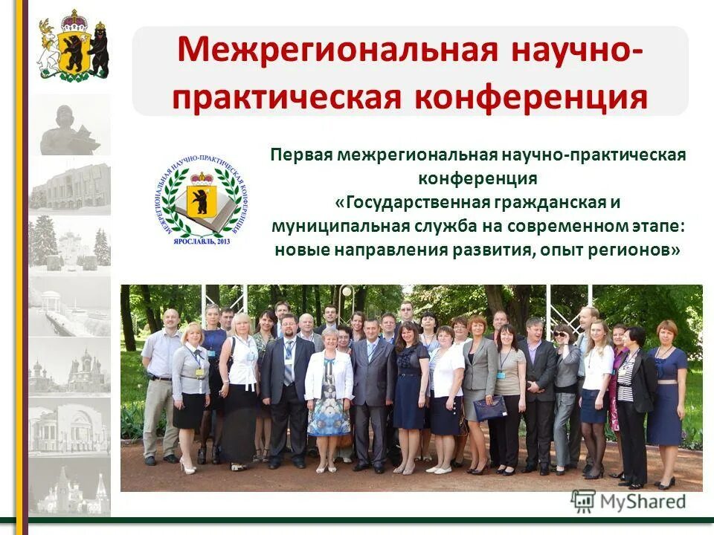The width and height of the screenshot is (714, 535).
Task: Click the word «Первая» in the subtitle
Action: (300, 155)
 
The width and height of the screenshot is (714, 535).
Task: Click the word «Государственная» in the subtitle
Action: (411, 203)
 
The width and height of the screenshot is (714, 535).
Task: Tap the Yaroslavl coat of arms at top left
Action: (74, 46)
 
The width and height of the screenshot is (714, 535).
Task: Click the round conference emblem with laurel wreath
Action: (201, 199)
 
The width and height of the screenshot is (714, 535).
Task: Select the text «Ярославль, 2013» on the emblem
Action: (200, 241)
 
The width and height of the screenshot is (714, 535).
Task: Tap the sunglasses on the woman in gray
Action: (561, 334)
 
